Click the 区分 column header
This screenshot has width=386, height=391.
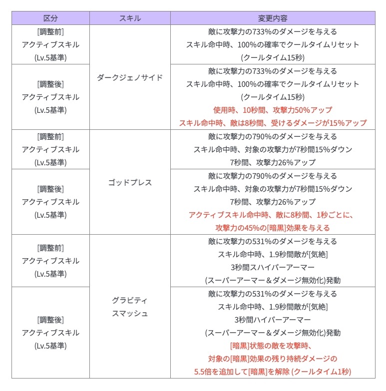point(50,18)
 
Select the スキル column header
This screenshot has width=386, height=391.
point(130,18)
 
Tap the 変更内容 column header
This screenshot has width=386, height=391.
point(273,18)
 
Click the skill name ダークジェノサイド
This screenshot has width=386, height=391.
point(130,77)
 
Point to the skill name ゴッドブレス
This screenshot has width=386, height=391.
point(130,182)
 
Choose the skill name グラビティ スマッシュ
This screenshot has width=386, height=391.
point(130,307)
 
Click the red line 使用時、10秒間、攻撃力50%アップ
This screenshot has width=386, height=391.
point(273,110)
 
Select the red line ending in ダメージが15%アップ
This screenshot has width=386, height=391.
point(273,123)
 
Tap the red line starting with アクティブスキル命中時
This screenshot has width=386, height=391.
point(273,215)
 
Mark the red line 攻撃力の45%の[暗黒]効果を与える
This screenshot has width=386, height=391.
point(273,228)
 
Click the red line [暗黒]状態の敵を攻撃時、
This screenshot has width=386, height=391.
point(273,346)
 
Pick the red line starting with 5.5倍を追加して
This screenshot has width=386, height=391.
point(273,372)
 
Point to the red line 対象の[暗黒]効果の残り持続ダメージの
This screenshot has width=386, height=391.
point(273,359)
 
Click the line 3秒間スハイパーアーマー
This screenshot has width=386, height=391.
point(273,267)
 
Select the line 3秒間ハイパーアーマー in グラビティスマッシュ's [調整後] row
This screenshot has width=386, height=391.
point(273,320)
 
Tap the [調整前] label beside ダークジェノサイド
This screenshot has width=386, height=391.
point(50,31)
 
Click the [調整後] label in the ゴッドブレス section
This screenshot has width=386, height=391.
point(50,189)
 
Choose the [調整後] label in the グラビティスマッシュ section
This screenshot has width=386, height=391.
point(50,320)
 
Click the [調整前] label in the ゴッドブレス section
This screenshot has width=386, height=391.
point(50,136)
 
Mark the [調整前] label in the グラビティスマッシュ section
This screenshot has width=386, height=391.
point(50,248)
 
